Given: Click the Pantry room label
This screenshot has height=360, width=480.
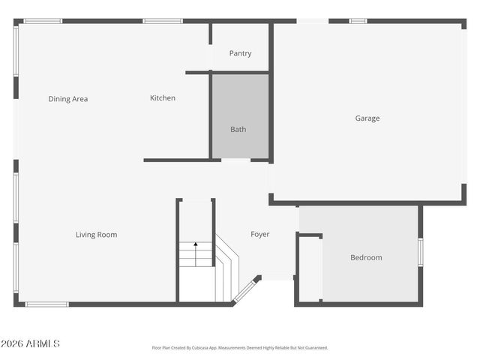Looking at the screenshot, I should (240, 54).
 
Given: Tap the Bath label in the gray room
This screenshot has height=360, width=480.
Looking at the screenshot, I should (238, 130).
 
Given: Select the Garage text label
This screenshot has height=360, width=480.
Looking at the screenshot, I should (367, 118).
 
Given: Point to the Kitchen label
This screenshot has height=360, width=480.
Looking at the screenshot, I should (163, 98).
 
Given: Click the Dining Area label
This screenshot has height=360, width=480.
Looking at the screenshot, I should (68, 99).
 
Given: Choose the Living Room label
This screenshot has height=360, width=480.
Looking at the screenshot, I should (96, 235).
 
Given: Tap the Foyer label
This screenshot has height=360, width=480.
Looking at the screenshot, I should (259, 235).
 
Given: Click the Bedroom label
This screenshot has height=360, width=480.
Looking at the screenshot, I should (366, 258).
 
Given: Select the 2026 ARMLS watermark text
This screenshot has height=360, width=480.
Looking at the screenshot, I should (30, 343).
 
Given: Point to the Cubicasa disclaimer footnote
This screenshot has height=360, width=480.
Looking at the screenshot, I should (240, 348).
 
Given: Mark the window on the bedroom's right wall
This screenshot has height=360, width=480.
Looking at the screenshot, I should (420, 252).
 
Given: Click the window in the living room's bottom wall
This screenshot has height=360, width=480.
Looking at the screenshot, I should (46, 304).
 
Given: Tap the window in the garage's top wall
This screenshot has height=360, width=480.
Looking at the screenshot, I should (358, 21).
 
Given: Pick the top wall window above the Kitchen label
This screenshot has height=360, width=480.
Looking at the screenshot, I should (163, 21).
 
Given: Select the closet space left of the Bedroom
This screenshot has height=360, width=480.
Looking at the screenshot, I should (310, 268).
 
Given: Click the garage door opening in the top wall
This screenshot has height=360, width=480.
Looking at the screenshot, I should (312, 21).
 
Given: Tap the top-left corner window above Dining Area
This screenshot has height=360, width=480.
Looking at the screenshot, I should (43, 21).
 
